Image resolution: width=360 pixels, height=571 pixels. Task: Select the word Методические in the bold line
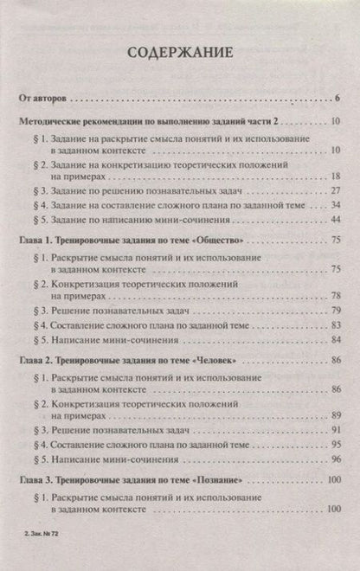click(x=59, y=125)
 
